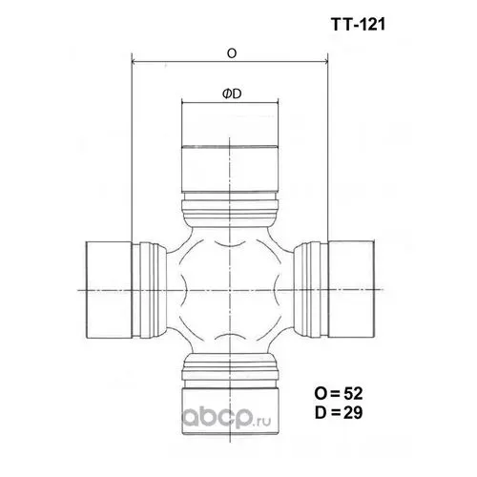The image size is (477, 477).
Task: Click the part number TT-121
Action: pos(358,25)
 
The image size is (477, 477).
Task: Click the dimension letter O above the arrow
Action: pos(232,53)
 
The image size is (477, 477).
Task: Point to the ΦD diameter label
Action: pos(232,93)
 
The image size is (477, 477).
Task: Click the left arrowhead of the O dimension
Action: pos(135,61)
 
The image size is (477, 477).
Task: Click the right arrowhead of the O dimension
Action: pos(324,61)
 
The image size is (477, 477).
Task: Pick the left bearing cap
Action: pos(109,290)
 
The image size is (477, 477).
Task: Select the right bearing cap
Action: pos(351,289)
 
